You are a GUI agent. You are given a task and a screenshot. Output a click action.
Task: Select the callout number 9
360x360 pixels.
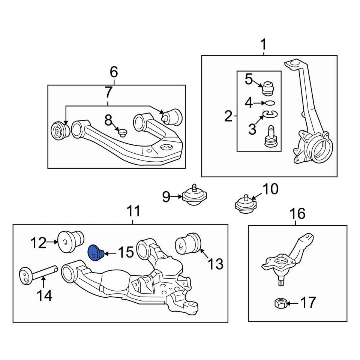coord(166,196)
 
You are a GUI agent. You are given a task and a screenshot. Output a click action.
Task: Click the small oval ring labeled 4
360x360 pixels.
coord(270,102)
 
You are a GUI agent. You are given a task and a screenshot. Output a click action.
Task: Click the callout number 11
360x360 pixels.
coord(133,211)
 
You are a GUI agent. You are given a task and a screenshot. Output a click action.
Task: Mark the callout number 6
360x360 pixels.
coord(114,71)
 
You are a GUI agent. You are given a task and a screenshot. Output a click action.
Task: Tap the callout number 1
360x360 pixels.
coord(263,45)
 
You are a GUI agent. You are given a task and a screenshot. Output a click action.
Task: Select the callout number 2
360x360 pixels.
coord(228,116)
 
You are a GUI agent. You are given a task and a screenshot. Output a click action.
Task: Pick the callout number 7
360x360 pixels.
coord(108,92)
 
